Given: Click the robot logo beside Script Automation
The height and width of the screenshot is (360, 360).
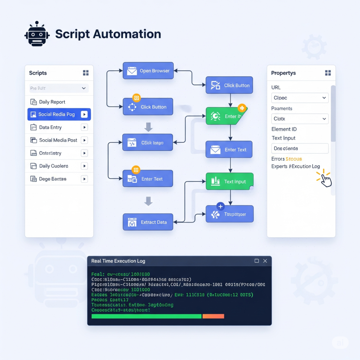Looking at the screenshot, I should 37,34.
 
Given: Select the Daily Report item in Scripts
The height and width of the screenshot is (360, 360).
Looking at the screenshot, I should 52,102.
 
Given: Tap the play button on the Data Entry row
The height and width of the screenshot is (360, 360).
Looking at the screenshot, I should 84,127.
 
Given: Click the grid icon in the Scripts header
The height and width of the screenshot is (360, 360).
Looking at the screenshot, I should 86,73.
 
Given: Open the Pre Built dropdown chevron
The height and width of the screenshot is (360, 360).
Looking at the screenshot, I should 84,88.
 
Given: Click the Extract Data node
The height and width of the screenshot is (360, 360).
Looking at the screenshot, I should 148,222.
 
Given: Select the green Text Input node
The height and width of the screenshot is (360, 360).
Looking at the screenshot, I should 229,181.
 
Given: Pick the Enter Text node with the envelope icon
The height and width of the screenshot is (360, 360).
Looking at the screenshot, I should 229,149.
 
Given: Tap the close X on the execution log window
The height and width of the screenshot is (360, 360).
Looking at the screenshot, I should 265,261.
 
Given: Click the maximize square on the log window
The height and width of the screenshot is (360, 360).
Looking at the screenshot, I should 257,261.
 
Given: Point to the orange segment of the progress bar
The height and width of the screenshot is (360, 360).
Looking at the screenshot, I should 213,316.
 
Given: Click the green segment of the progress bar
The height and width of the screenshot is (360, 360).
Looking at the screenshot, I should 146,316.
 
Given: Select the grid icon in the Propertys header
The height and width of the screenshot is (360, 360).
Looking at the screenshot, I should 328,73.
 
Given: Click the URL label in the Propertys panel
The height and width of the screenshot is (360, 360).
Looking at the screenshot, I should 276,87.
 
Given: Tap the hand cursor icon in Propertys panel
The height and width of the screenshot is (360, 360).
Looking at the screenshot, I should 326,180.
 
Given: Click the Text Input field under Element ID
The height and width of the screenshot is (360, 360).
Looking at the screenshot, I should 300,148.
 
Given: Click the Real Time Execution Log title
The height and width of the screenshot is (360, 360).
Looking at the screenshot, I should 118,261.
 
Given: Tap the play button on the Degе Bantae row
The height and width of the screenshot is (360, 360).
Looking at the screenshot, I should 84,179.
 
